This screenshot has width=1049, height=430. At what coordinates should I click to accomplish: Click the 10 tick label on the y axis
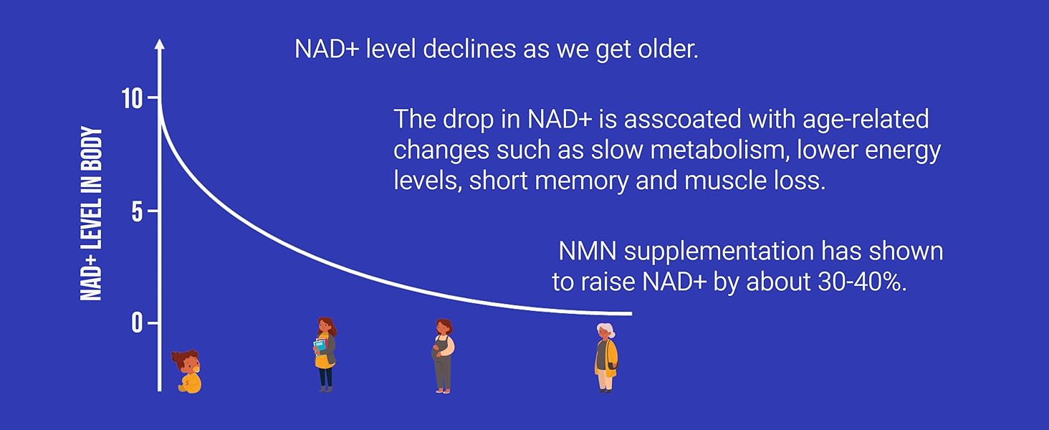[131, 99]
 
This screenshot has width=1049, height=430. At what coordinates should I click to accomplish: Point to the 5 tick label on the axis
[137, 211]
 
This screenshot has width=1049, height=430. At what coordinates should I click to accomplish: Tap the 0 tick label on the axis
[137, 323]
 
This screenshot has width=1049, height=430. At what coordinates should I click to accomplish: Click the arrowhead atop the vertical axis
[160, 44]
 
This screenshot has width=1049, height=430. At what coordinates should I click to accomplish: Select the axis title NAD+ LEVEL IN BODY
[91, 214]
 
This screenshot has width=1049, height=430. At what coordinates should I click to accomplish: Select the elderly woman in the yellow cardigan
[606, 358]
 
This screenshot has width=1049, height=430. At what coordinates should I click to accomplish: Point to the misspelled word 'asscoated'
[682, 119]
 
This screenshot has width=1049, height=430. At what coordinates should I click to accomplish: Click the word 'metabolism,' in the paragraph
[720, 150]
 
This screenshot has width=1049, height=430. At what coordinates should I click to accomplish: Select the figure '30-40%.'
[862, 282]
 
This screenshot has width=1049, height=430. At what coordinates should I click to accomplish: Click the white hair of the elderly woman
[606, 329]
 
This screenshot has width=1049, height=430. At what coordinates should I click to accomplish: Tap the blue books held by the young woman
[320, 346]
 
